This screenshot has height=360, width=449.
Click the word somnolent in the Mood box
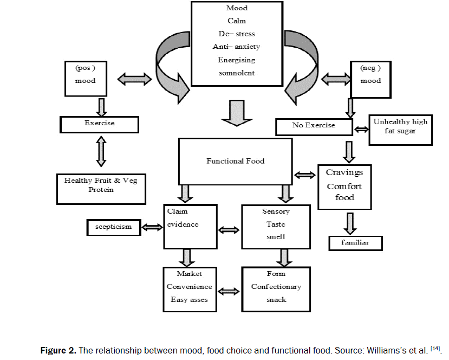[237, 73]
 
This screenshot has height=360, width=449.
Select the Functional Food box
[236, 161]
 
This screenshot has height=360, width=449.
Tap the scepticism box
[113, 227]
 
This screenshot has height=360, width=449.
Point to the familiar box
[355, 243]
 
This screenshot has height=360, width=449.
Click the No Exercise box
[314, 126]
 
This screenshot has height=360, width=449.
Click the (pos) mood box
[86, 76]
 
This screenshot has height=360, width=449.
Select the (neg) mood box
[370, 76]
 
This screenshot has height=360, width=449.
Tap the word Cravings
[344, 172]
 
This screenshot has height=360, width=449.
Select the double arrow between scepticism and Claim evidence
[152, 227]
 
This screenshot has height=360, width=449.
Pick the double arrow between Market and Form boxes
[230, 291]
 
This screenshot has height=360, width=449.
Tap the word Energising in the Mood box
[237, 60]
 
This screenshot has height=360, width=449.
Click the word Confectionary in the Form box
[276, 287]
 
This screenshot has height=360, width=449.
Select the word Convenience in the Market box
[190, 287]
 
